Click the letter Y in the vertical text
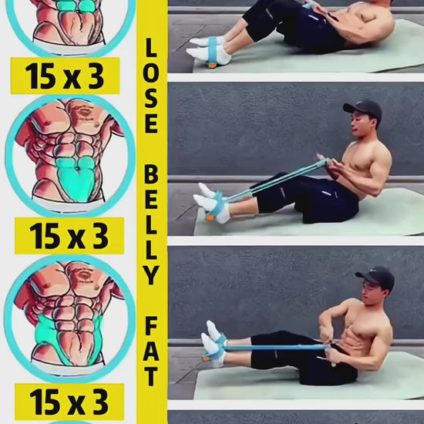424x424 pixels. [x=151, y=274]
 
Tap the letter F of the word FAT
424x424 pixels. [x=151, y=326]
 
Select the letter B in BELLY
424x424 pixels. [x=151, y=175]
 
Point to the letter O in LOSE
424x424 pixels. [x=150, y=73]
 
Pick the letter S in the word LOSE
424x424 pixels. [x=151, y=99]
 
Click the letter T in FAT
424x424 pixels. [x=151, y=376]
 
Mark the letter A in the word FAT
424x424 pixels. [x=151, y=352]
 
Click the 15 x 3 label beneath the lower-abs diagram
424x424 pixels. [x=69, y=236]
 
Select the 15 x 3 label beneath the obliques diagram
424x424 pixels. [x=69, y=402]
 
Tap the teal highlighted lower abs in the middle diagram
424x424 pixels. [x=76, y=179]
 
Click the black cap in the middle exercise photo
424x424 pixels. [x=364, y=109]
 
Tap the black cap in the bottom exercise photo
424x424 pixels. [x=376, y=277]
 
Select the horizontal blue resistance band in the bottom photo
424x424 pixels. [x=274, y=348]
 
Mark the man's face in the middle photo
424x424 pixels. [x=360, y=125]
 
